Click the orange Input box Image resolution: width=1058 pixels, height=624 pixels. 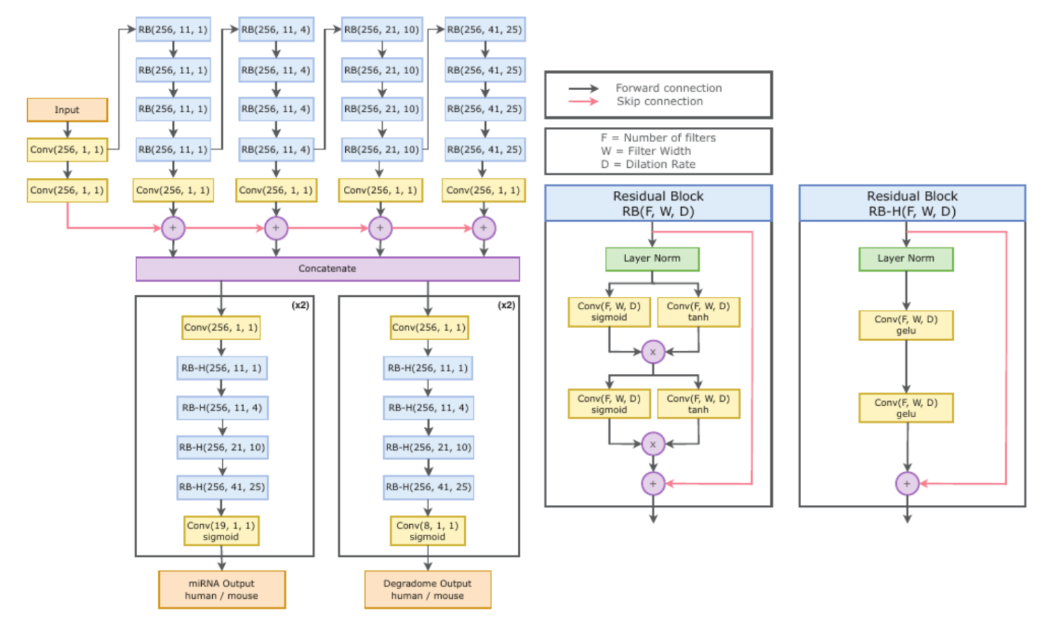click(67, 110)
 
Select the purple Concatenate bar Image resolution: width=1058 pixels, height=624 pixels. click(327, 268)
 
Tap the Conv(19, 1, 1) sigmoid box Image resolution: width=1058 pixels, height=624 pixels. click(221, 531)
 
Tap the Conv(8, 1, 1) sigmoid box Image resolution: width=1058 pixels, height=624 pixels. click(427, 531)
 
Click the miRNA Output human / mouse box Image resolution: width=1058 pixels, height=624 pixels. click(222, 590)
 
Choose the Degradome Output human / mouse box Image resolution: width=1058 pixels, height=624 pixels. click(427, 590)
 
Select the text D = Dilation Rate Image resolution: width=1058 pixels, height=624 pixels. click(648, 164)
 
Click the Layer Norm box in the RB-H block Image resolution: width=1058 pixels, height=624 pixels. click(906, 258)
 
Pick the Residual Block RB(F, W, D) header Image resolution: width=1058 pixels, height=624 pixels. click(658, 203)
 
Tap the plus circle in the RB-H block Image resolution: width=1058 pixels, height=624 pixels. click(907, 484)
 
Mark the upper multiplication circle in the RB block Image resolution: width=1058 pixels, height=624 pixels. click(653, 352)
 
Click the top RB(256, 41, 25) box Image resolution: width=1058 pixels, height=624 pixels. click(484, 30)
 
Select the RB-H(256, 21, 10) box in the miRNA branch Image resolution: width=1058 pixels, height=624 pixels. click(222, 448)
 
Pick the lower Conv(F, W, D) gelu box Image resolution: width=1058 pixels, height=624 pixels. click(906, 408)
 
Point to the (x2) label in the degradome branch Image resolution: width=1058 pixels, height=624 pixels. click(506, 305)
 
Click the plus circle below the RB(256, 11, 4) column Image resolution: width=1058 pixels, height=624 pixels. click(276, 228)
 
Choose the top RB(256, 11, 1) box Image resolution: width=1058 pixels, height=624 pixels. click(173, 30)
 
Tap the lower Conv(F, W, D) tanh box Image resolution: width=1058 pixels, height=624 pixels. click(698, 404)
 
